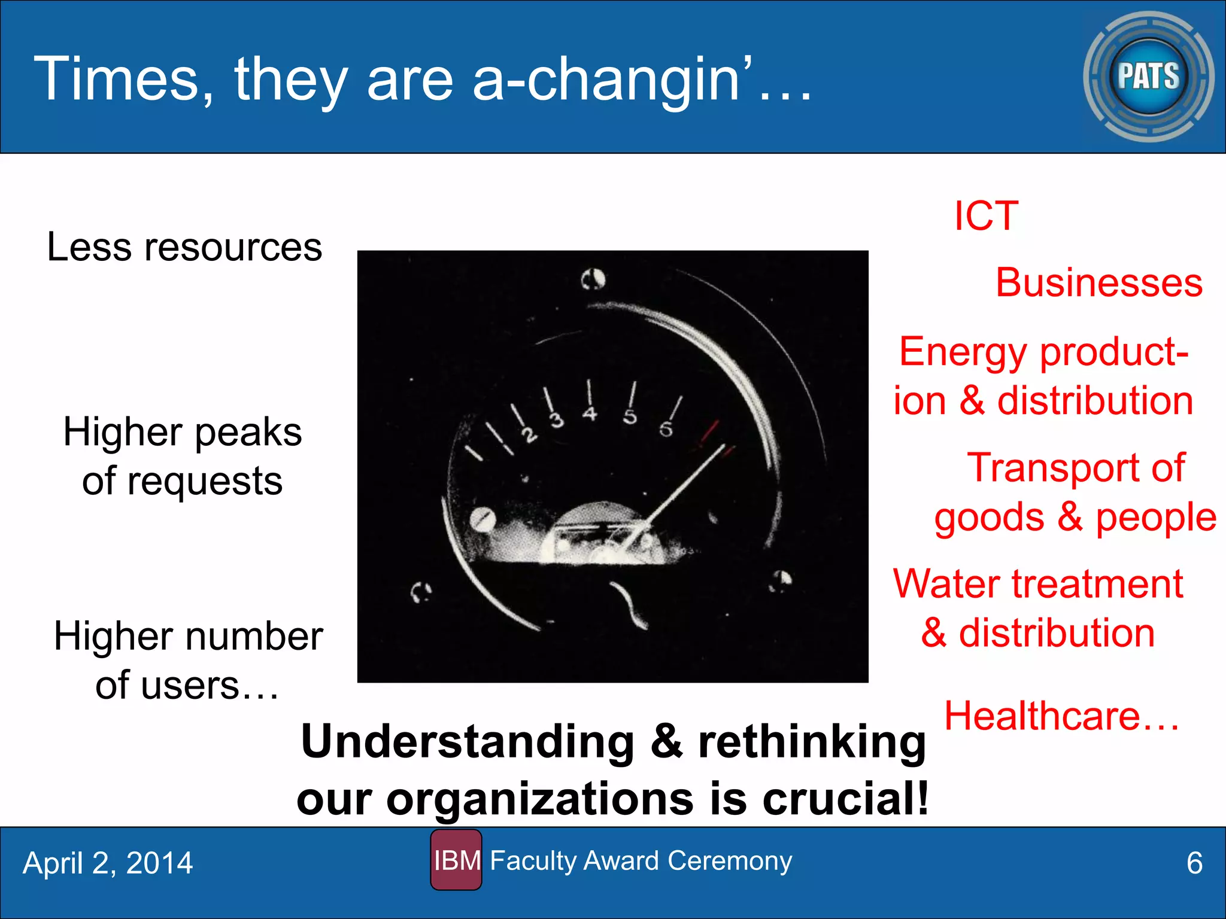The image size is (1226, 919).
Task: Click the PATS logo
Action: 1148,77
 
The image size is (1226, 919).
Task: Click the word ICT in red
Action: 986,216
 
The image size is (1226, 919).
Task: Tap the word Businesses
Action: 1098,282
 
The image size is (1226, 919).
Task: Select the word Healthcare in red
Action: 1042,716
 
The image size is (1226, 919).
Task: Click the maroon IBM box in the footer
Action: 456,860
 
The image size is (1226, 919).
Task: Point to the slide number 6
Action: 1194,863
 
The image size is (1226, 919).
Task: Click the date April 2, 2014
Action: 108,863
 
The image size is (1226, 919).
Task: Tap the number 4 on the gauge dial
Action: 590,413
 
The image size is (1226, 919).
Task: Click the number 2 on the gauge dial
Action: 529,435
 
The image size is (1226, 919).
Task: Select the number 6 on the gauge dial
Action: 666,429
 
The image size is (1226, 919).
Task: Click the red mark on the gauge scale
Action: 710,432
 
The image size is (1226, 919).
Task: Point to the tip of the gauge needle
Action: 723,446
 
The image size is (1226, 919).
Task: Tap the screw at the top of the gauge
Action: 593,279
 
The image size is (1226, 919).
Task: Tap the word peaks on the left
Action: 248,432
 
